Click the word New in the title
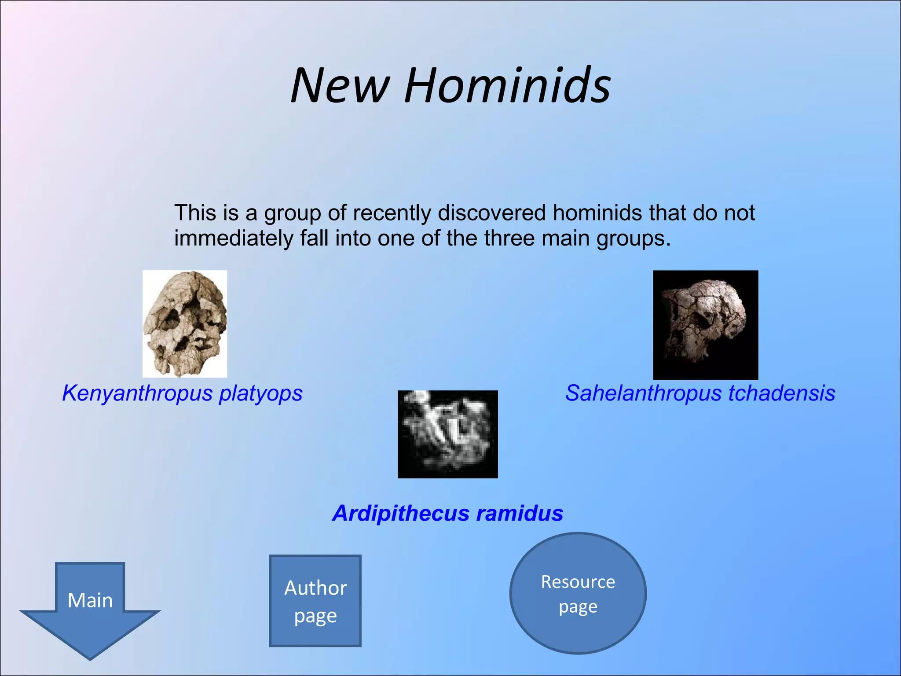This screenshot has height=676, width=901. click(x=340, y=85)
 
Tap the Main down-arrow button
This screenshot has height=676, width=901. click(x=90, y=607)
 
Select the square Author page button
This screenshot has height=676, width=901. click(x=315, y=601)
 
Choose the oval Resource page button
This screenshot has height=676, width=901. click(x=578, y=594)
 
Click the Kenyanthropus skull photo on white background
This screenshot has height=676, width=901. click(x=185, y=324)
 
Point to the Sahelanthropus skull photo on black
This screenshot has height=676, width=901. click(x=705, y=325)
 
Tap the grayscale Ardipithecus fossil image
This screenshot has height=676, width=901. click(x=447, y=434)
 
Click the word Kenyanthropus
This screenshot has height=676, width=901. click(x=137, y=393)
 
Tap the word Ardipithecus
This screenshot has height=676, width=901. click(x=400, y=513)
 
